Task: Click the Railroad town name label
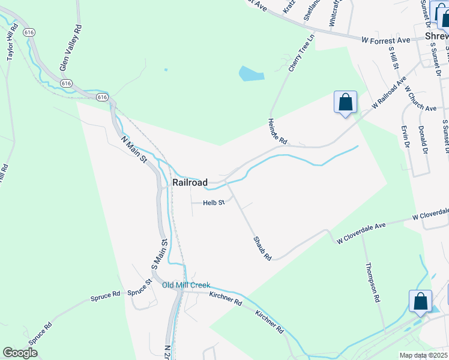(x=190, y=182)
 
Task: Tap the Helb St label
(x=213, y=203)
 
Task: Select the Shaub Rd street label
(x=262, y=248)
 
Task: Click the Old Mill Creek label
(x=186, y=285)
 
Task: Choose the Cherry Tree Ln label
(x=301, y=53)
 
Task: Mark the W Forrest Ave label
(x=385, y=40)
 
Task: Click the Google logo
(x=20, y=353)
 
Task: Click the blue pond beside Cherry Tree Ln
(x=251, y=74)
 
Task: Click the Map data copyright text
(x=423, y=355)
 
